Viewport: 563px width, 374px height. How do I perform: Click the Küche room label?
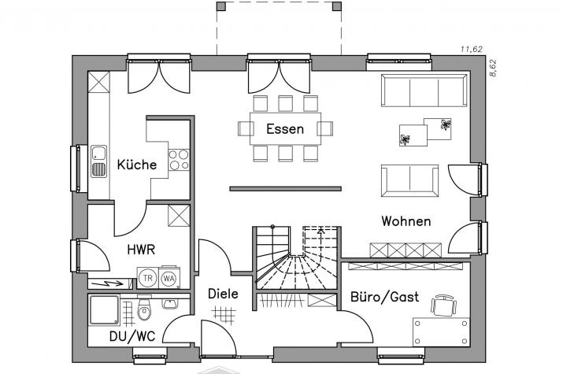137,165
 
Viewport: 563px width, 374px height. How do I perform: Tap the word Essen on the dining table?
285,129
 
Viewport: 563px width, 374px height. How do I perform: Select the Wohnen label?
406,221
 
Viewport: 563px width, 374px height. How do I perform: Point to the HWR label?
141,250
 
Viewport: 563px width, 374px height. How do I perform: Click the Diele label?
223,294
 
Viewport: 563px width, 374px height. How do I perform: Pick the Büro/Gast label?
384,297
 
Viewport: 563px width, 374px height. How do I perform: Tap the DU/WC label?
132,336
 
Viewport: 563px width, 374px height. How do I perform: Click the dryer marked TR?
147,278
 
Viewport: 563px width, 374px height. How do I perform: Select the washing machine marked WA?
169,278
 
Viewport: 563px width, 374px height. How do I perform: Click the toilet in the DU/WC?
144,309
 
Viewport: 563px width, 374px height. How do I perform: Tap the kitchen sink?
98,161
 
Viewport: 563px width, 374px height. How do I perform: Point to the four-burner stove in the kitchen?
179,160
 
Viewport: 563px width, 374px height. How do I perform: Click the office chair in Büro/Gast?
444,305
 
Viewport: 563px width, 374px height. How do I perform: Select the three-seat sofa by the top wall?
424,90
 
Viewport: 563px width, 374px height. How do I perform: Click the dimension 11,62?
472,49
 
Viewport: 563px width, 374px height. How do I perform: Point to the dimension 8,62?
493,68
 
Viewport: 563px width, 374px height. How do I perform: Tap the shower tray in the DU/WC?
104,309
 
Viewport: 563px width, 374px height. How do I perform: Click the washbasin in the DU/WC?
170,303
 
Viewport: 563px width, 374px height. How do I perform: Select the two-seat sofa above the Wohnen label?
409,180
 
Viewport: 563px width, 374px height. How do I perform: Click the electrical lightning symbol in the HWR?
109,284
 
